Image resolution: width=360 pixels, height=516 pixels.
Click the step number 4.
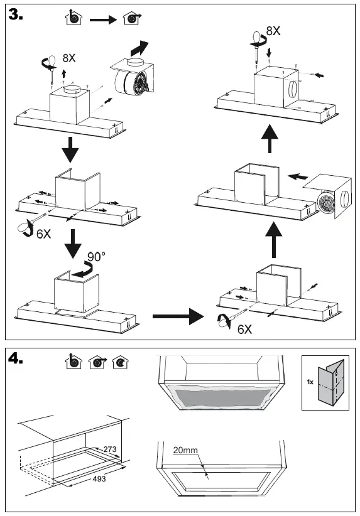(16, 358)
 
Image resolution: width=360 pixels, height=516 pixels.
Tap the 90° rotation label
(96, 256)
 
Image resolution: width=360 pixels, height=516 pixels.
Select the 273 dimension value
(110, 449)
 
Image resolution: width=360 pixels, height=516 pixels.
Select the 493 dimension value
(99, 478)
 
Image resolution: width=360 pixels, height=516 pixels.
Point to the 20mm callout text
(185, 450)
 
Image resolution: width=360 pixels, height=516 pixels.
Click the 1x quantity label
(310, 382)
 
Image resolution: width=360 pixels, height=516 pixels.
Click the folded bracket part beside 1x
(330, 382)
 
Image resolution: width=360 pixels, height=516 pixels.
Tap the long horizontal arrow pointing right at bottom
(178, 316)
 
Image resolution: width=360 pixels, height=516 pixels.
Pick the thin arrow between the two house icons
(103, 20)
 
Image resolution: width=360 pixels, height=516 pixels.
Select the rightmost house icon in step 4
(120, 362)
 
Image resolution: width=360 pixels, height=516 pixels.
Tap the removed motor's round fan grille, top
(141, 82)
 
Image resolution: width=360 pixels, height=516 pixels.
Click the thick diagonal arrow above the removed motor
(139, 48)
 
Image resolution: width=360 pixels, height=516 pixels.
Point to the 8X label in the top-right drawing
(273, 31)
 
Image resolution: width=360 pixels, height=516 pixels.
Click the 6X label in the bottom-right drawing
(245, 329)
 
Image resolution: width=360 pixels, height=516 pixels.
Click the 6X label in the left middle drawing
(43, 234)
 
